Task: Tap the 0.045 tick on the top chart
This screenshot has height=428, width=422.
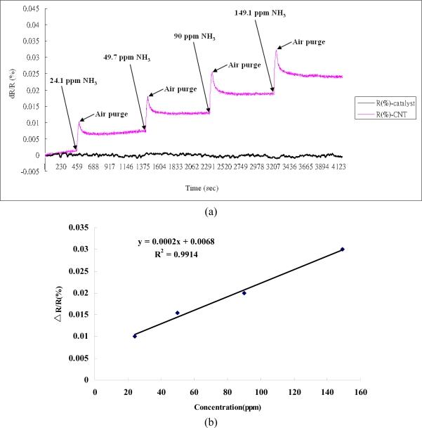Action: (x=27, y=8)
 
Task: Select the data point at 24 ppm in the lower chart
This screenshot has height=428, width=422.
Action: (x=135, y=336)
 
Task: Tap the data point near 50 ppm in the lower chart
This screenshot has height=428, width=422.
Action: (x=178, y=313)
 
